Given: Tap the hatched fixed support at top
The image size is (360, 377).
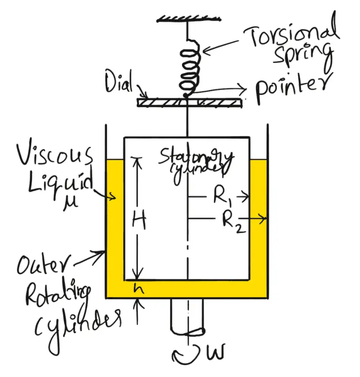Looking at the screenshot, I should click(x=188, y=18).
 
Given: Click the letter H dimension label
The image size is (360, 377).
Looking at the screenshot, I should click(x=139, y=220).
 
